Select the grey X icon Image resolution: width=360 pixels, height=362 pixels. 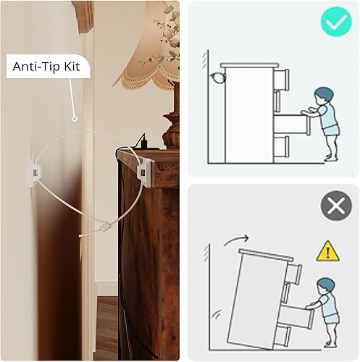335,206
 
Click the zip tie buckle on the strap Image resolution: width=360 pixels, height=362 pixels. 105,227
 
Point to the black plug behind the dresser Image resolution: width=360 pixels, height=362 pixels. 141,137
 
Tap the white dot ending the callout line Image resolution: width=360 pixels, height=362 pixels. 75,117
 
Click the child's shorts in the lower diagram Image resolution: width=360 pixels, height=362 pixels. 331,316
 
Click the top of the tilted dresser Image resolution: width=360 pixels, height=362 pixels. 267,253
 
